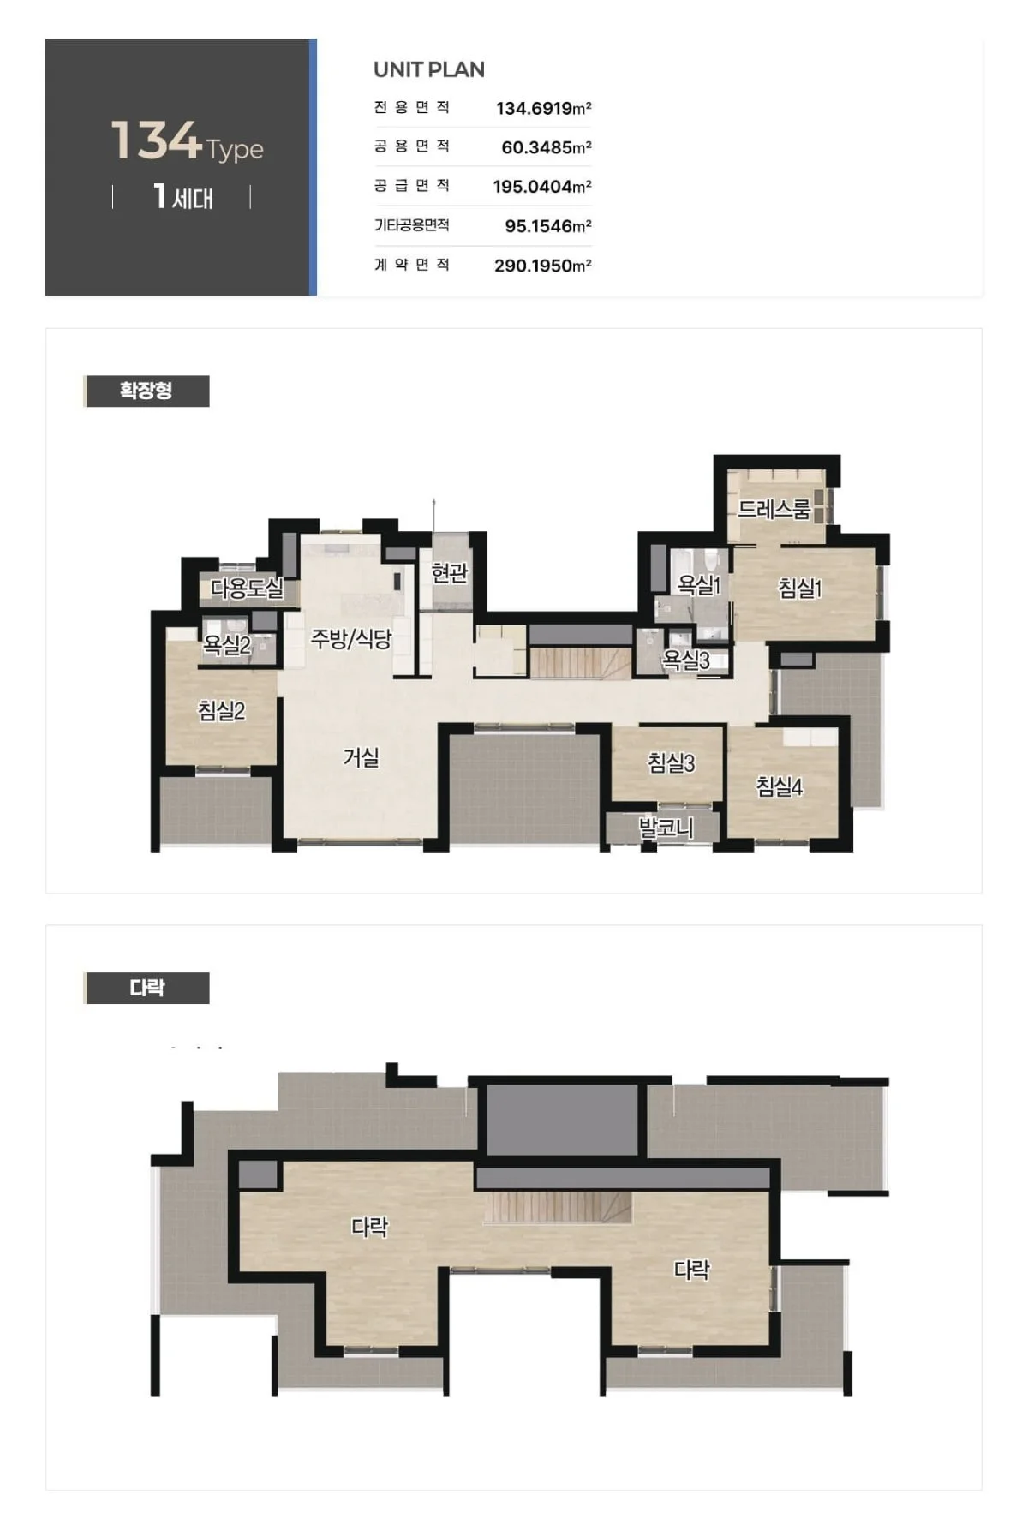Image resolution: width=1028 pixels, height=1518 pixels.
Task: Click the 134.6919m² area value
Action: (x=544, y=108)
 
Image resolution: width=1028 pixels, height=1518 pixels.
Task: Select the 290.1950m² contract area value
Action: (x=543, y=266)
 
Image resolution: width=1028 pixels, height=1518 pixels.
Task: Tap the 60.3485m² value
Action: (x=547, y=147)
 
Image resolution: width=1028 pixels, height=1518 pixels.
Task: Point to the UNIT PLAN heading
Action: (x=429, y=69)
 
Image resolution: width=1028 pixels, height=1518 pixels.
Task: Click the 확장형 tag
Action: (x=146, y=391)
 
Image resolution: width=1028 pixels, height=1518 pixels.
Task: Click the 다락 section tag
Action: (x=146, y=988)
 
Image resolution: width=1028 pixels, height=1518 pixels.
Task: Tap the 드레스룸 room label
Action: (x=774, y=510)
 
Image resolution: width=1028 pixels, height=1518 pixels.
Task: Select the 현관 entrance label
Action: (x=450, y=572)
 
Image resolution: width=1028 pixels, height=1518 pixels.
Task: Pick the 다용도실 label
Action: (x=247, y=588)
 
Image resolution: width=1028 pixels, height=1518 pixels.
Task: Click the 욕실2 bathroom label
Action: (x=227, y=644)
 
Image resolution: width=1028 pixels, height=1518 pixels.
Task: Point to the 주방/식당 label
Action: (x=351, y=638)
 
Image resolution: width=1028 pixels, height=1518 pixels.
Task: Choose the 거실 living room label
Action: (x=361, y=757)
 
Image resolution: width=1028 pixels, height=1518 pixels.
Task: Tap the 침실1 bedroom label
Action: (x=799, y=588)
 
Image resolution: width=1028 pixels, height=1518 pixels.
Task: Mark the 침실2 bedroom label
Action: (x=222, y=710)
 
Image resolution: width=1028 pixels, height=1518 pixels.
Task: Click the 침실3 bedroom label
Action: (x=671, y=762)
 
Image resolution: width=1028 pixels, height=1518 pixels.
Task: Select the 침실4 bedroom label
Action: (x=780, y=786)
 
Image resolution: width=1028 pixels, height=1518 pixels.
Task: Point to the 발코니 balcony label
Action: (x=666, y=828)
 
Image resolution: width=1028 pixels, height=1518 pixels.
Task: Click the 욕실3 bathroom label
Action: (x=686, y=660)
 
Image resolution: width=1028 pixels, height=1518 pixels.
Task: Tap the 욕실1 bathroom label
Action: (x=699, y=585)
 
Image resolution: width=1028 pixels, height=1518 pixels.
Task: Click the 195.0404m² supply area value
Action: (x=542, y=187)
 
